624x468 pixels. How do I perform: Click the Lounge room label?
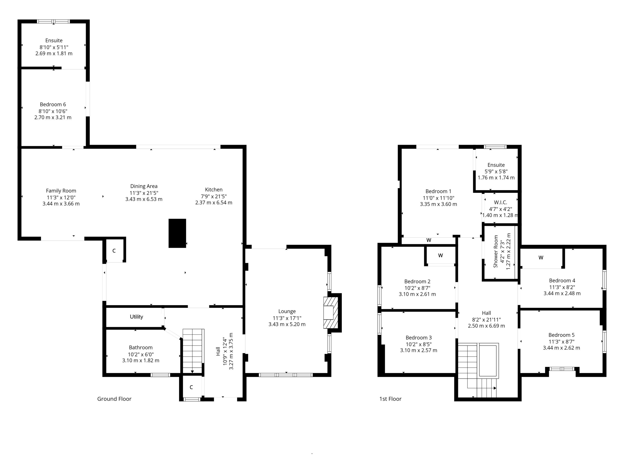click(287, 311)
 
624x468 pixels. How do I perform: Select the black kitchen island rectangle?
click(177, 233)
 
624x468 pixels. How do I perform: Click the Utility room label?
click(136, 317)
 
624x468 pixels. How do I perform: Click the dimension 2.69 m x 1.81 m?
click(54, 53)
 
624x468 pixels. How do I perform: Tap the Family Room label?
click(61, 191)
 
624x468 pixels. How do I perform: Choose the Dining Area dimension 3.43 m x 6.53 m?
click(144, 199)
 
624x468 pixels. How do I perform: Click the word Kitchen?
click(214, 190)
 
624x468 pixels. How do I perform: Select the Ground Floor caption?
click(114, 399)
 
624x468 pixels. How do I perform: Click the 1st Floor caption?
click(390, 399)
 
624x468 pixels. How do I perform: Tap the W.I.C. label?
click(500, 202)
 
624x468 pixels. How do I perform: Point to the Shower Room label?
click(496, 251)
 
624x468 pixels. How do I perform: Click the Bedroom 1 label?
click(438, 191)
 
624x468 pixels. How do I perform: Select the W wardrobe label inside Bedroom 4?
click(541, 258)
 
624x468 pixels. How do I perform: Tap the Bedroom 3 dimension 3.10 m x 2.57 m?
click(419, 350)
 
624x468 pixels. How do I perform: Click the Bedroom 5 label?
click(561, 335)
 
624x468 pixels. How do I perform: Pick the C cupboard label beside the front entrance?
click(191, 387)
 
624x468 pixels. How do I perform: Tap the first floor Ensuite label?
click(496, 165)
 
